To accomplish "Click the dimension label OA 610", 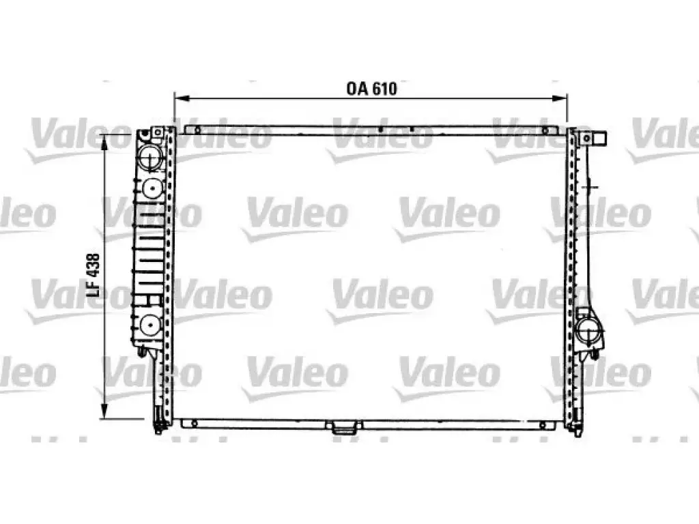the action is pyautogui.click(x=371, y=89).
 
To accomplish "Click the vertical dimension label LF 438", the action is pyautogui.click(x=93, y=275).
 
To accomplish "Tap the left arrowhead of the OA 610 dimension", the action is pyautogui.click(x=181, y=98).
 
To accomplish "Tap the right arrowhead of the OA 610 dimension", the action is pyautogui.click(x=560, y=98).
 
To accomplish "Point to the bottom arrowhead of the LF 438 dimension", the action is pyautogui.click(x=104, y=411).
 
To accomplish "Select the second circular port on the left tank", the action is pyautogui.click(x=152, y=188).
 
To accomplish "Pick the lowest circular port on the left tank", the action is pyautogui.click(x=151, y=325).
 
